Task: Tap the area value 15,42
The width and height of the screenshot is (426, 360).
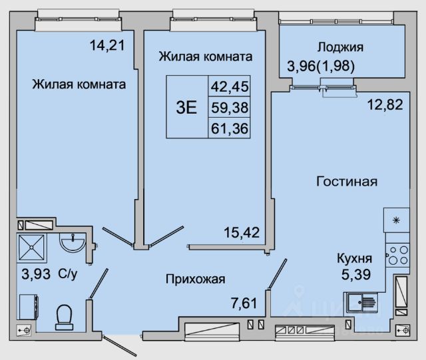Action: pyautogui.click(x=241, y=232)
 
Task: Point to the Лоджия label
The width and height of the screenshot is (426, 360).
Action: pyautogui.click(x=340, y=47)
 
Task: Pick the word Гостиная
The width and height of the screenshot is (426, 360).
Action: pyautogui.click(x=347, y=181)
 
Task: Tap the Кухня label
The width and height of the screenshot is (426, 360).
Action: pyautogui.click(x=354, y=258)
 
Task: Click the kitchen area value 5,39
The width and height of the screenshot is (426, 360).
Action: pyautogui.click(x=354, y=273)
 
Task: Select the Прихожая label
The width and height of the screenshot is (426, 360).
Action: pyautogui.click(x=196, y=279)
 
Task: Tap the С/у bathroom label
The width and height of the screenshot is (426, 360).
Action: pyautogui.click(x=69, y=273)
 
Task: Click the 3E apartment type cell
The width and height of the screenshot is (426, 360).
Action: pyautogui.click(x=186, y=107)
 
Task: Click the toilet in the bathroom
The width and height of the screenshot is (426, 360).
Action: pyautogui.click(x=65, y=317)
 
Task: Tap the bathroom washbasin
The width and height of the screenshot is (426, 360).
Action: pyautogui.click(x=72, y=243)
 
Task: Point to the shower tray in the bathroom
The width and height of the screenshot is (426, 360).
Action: pyautogui.click(x=33, y=246)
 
